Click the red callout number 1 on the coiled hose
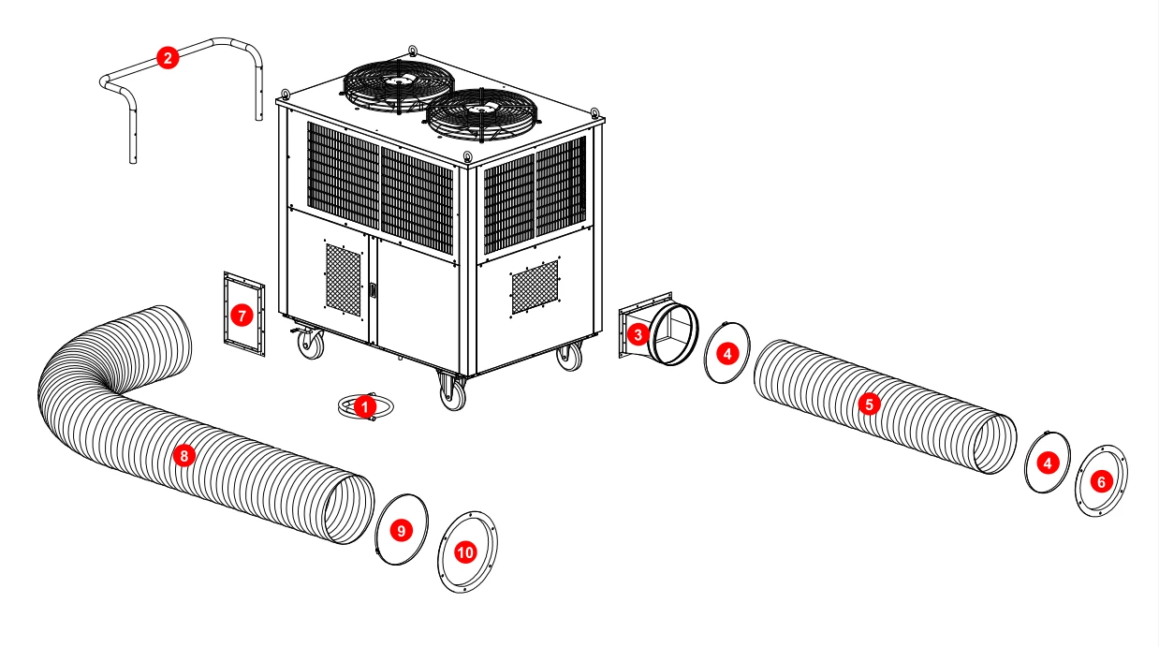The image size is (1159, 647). point(365,407)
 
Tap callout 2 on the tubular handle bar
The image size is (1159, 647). point(168,58)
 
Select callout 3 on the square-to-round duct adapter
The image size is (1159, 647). point(638,335)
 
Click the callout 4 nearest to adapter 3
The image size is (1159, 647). point(727,354)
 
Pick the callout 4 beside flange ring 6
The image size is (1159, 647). point(1048,463)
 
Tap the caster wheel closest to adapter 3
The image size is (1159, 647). point(569,357)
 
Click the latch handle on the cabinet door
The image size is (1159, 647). point(372,290)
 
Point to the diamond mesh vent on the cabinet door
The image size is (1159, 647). point(343,280)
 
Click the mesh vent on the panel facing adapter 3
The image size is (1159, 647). point(535,287)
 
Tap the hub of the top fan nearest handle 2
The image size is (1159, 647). point(399,81)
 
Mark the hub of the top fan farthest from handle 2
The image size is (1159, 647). point(482,110)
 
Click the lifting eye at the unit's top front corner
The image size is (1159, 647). point(467,156)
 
